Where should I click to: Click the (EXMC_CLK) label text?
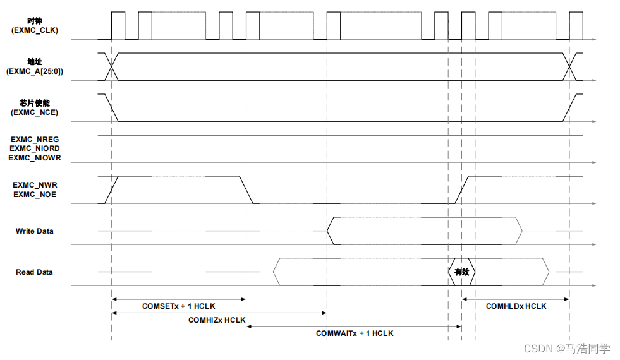pyautogui.click(x=35, y=30)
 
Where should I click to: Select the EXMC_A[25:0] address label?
pyautogui.click(x=35, y=71)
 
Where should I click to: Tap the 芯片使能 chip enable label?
pyautogui.click(x=35, y=103)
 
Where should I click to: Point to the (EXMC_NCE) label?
pyautogui.click(x=35, y=112)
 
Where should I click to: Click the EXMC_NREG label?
pyautogui.click(x=35, y=139)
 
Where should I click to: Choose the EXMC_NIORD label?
pyautogui.click(x=35, y=148)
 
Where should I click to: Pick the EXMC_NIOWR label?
pyautogui.click(x=35, y=157)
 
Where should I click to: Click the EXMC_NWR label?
pyautogui.click(x=35, y=185)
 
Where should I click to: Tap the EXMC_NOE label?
pyautogui.click(x=35, y=195)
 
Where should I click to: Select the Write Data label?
pyautogui.click(x=35, y=231)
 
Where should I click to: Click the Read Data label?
pyautogui.click(x=35, y=272)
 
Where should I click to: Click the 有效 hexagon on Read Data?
pyautogui.click(x=461, y=272)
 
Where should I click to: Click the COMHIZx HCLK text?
pyautogui.click(x=217, y=320)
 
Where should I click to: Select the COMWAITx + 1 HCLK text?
pyautogui.click(x=355, y=333)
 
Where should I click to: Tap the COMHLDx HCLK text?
pyautogui.click(x=516, y=306)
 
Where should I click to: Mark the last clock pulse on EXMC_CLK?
pyautogui.click(x=576, y=25)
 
